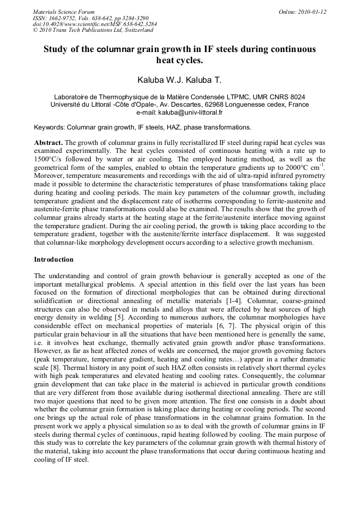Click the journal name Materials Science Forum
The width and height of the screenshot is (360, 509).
point(64,11)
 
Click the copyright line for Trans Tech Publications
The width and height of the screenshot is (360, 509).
point(93,31)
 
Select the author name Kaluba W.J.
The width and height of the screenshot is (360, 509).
point(156,80)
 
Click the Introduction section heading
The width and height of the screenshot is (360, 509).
point(54,260)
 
